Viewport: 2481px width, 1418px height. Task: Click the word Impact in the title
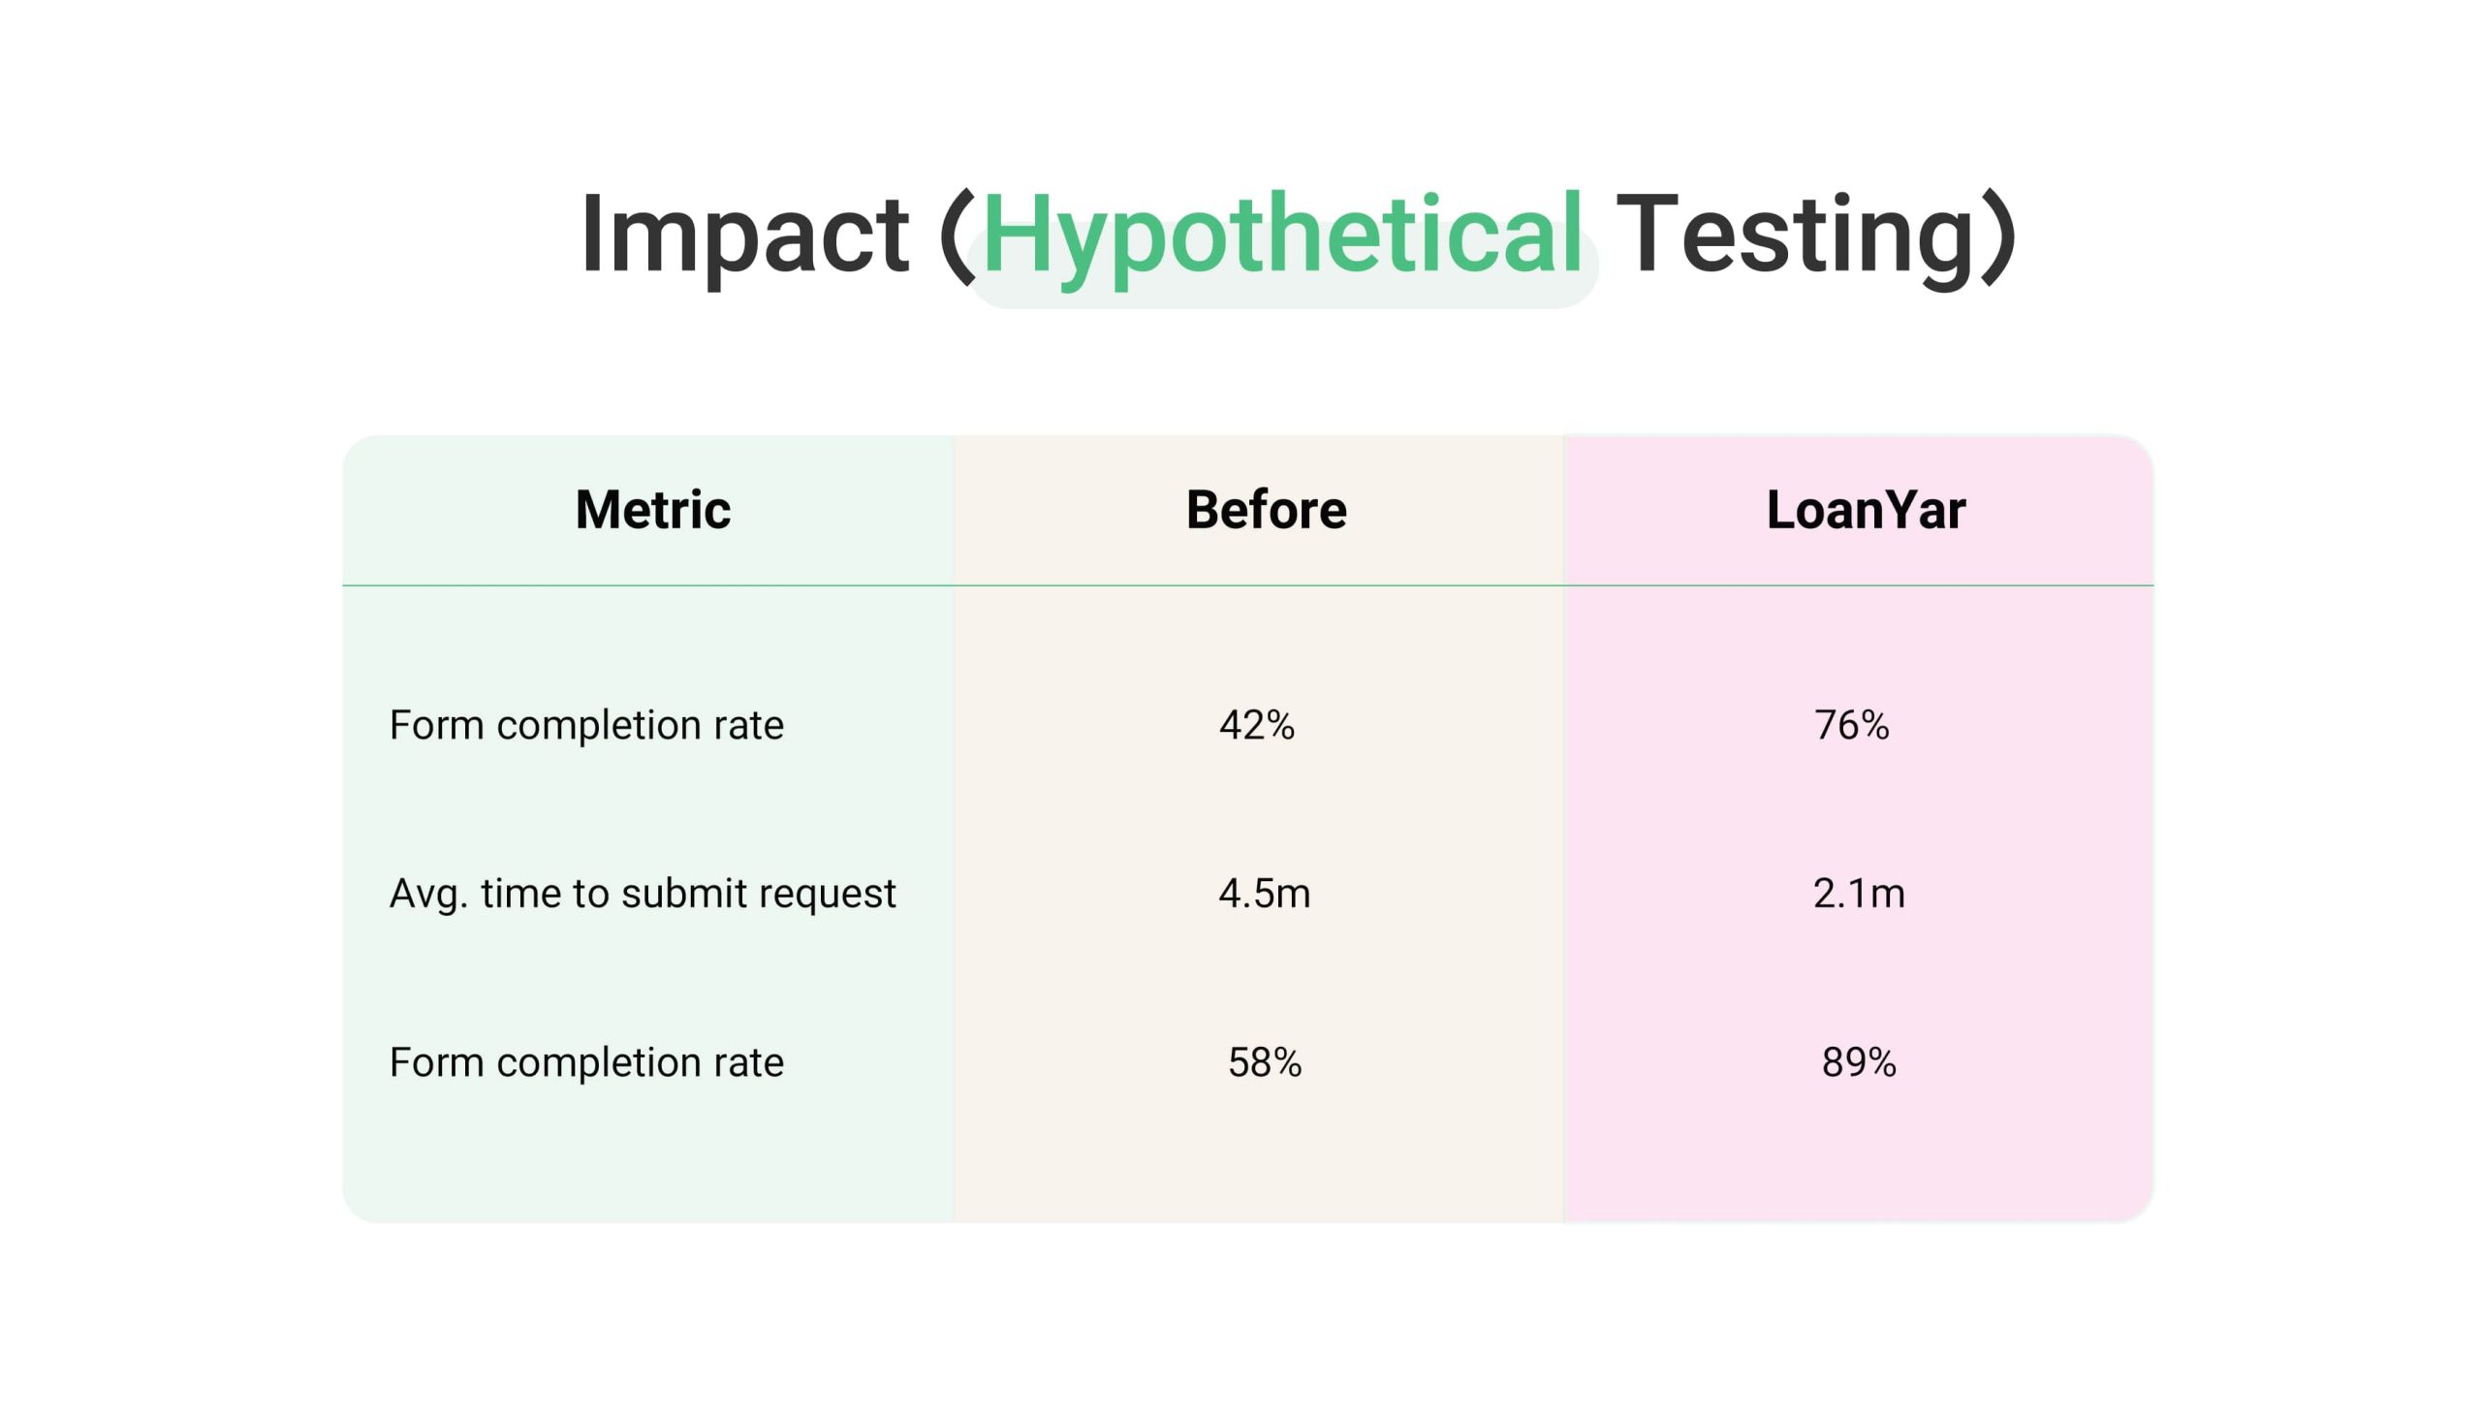click(744, 235)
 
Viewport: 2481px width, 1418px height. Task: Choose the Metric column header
click(652, 510)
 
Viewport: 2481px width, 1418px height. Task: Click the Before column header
click(1266, 510)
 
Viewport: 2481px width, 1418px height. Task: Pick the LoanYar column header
click(1866, 510)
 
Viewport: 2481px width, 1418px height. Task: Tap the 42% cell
click(1257, 725)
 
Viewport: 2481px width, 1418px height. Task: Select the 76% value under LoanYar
click(1851, 725)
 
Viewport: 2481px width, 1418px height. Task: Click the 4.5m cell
click(1264, 893)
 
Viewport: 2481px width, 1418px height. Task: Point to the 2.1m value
click(1859, 893)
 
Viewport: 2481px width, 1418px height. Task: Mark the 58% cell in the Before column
click(1264, 1061)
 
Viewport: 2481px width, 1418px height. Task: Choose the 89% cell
click(1859, 1061)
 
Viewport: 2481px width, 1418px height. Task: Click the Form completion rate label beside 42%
click(586, 726)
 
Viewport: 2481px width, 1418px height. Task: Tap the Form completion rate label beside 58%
click(586, 1062)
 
